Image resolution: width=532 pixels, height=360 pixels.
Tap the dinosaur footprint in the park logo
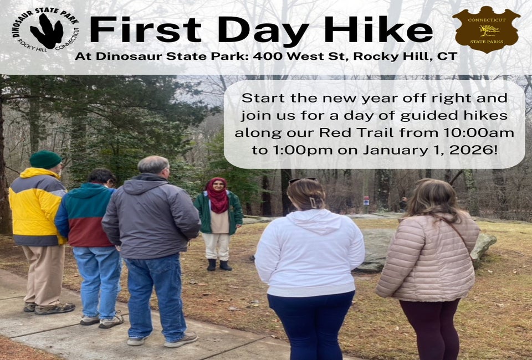click(x=47, y=31)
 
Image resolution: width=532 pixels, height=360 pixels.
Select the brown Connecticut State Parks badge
click(x=487, y=29)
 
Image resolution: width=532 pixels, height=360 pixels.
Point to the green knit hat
click(x=45, y=160)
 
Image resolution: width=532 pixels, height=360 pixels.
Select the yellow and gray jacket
click(x=37, y=207)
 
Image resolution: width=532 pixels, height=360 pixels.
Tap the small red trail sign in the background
click(x=366, y=200)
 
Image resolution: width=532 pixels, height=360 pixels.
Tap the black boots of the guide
click(x=219, y=265)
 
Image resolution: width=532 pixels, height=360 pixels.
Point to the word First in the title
click(x=146, y=29)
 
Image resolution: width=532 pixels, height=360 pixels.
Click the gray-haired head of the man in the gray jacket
click(x=154, y=166)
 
